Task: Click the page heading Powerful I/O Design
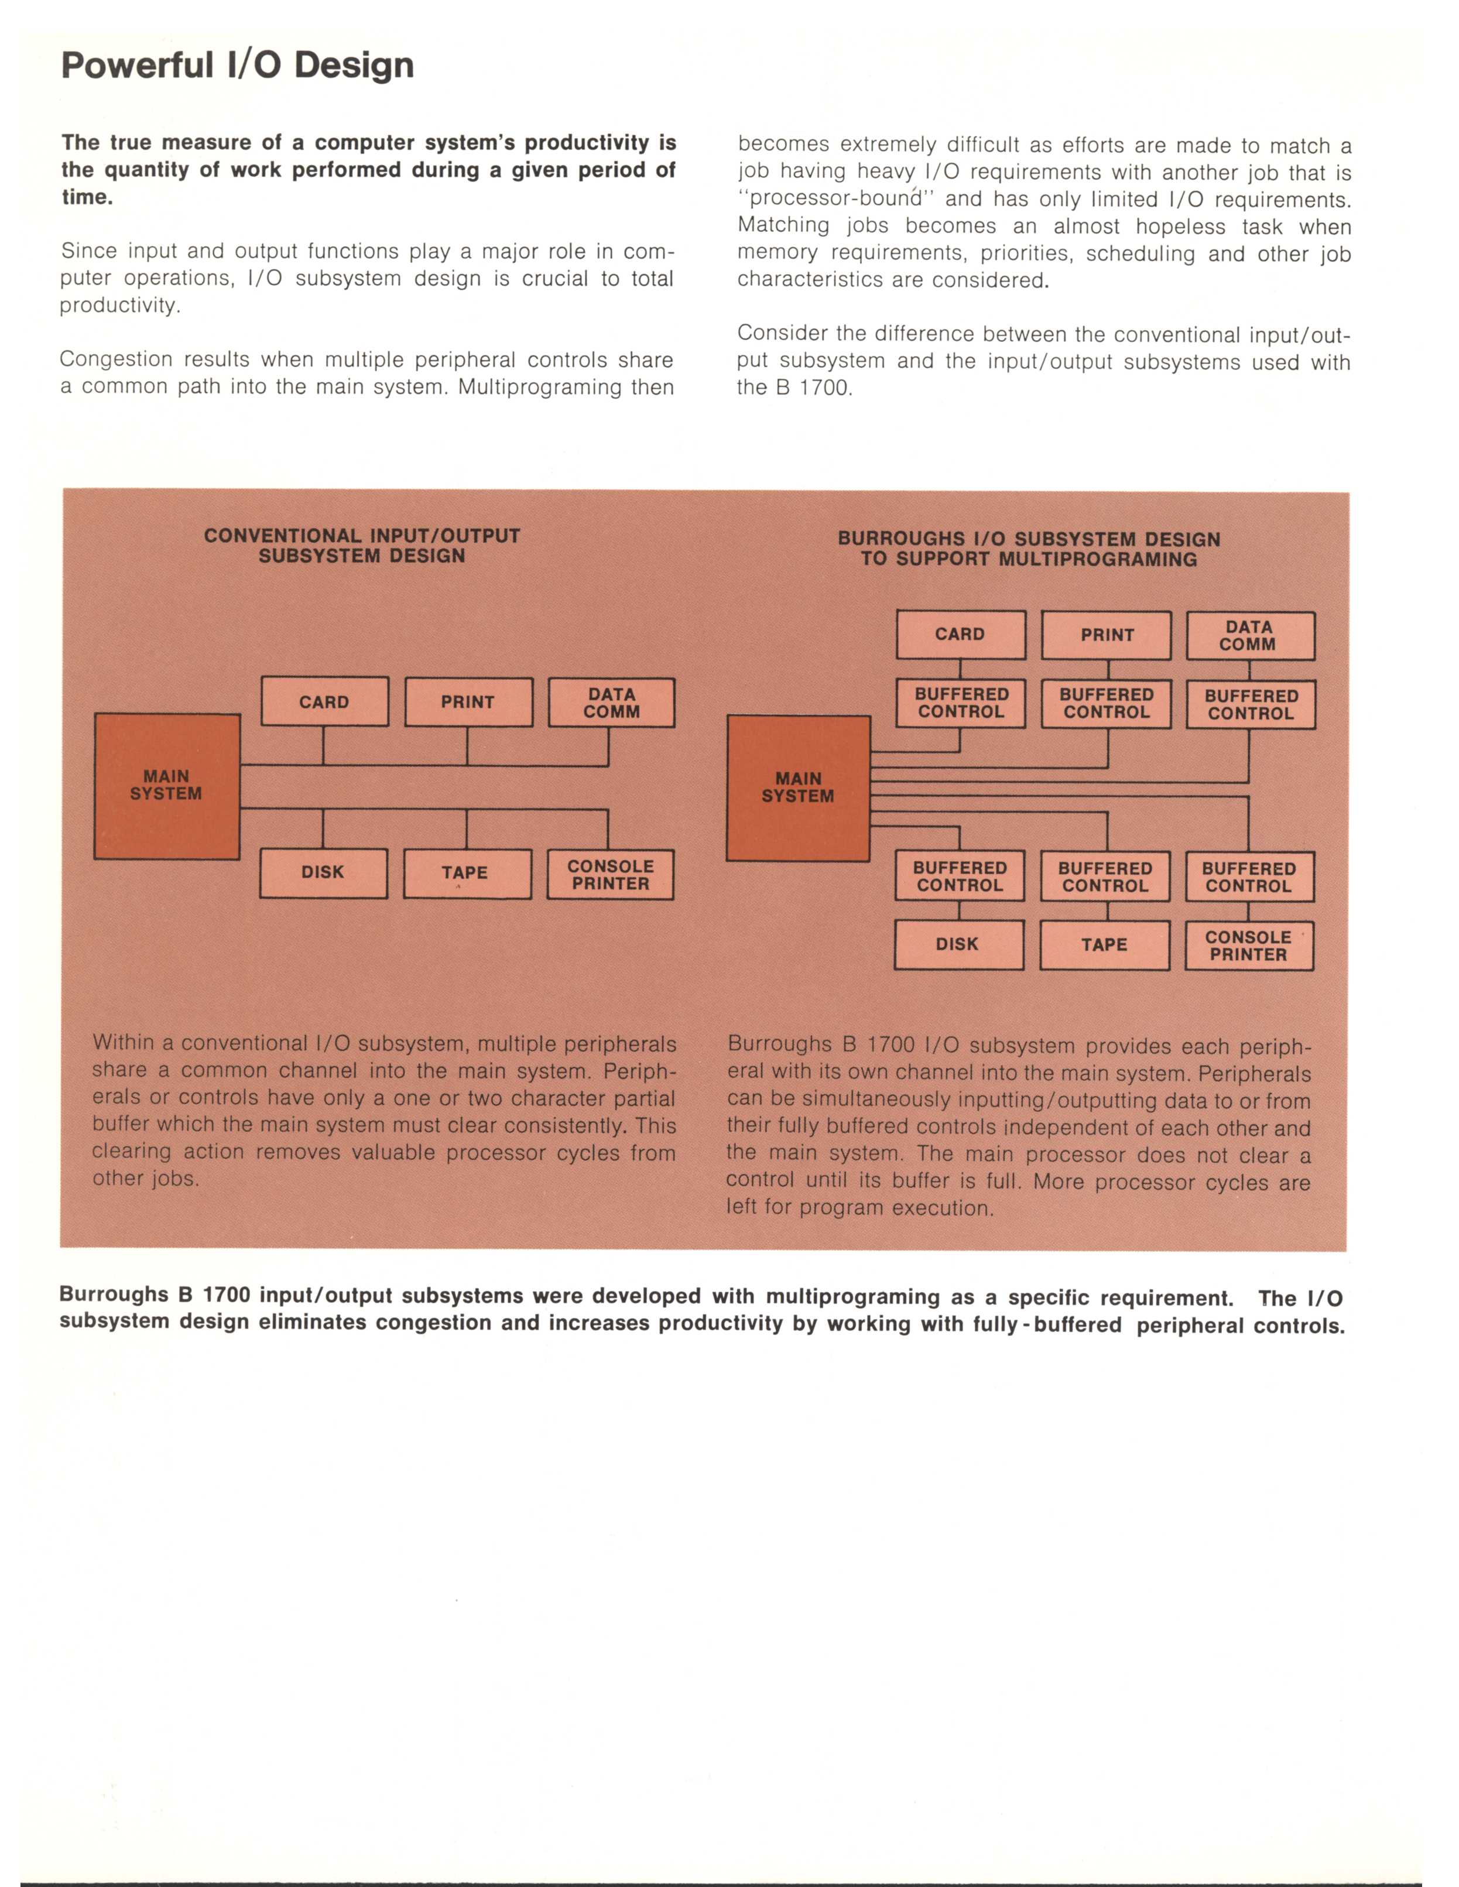[238, 66]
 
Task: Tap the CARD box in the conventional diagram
[325, 701]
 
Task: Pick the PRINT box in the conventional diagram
[468, 701]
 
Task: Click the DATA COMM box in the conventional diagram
[612, 703]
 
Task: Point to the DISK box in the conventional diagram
[323, 872]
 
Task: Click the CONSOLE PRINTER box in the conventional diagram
[611, 874]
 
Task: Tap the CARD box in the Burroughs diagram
[961, 634]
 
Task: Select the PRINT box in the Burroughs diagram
[1107, 635]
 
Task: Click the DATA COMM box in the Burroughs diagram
[1250, 636]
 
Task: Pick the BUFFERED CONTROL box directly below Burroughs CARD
[961, 703]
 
